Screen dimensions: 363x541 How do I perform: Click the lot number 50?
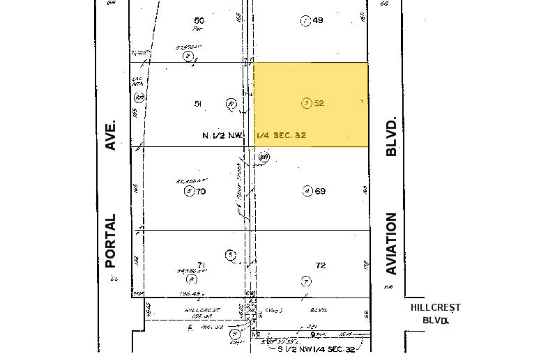pos(199,21)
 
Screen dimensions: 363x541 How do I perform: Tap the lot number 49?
pos(318,20)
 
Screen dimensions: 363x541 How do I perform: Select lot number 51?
pos(198,104)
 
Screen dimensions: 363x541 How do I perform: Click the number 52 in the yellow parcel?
pos(319,103)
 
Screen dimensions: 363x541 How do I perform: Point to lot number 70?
pos(201,191)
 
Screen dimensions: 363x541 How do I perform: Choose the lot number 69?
pos(320,191)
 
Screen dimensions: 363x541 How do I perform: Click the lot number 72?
pos(321,265)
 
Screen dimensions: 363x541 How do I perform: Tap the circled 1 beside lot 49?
pos(305,20)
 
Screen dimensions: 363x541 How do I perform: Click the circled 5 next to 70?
pos(188,191)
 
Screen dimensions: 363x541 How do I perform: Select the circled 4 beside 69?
pos(307,191)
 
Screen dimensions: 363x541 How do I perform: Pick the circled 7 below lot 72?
pos(306,281)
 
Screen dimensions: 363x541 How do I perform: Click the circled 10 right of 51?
pos(231,105)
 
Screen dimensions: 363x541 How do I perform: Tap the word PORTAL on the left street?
pos(110,241)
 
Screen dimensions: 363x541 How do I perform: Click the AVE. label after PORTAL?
pos(110,134)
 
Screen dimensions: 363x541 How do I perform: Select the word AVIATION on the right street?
pos(391,244)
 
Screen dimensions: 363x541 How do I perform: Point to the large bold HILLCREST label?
pos(435,307)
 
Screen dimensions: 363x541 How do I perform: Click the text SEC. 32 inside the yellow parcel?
pos(289,135)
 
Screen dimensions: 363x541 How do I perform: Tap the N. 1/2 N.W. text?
pos(222,135)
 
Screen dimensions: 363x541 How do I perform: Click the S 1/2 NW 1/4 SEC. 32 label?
pos(317,350)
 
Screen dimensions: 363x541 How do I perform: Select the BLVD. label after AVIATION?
pos(391,136)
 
